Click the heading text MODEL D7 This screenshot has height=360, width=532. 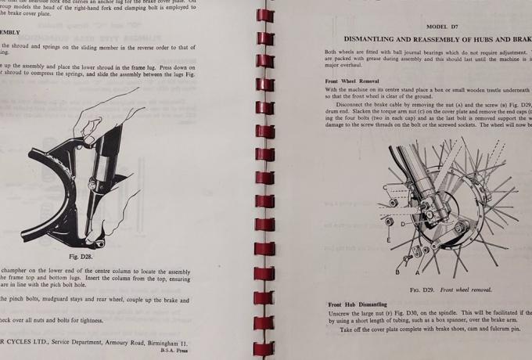442,27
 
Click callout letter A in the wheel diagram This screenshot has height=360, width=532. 419,272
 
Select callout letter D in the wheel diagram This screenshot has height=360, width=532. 403,224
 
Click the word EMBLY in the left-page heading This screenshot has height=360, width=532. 10,32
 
